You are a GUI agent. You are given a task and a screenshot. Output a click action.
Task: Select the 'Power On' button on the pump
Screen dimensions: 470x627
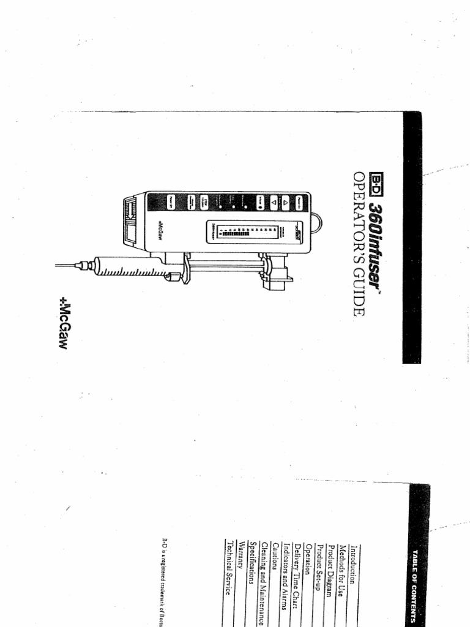301,201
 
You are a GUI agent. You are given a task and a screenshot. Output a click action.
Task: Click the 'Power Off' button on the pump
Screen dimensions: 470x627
173,201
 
